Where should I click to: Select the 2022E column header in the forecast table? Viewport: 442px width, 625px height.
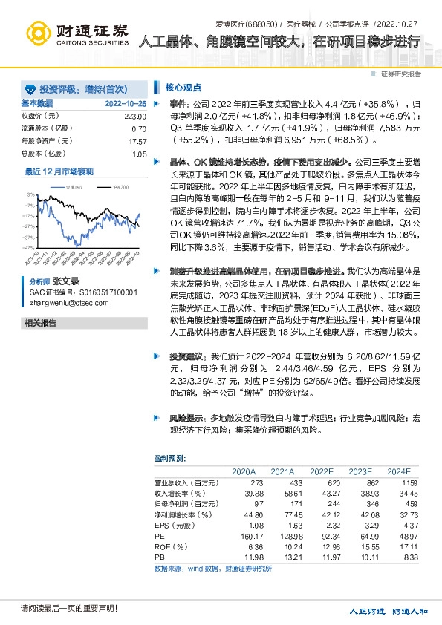[321, 471]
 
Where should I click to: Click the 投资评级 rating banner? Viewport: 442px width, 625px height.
[71, 87]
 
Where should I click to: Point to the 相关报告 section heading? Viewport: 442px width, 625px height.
[40, 323]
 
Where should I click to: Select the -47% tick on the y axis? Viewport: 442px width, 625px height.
[28, 247]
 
